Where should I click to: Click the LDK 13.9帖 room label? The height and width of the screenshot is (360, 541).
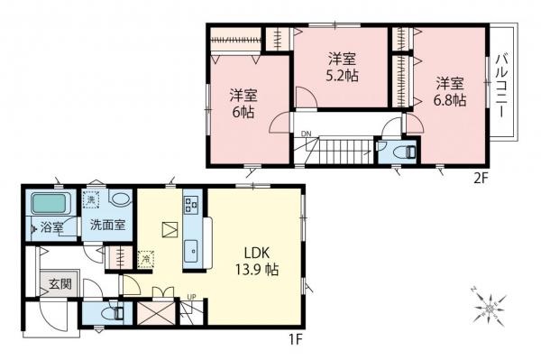257,262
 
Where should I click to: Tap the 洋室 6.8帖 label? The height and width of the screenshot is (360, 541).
450,92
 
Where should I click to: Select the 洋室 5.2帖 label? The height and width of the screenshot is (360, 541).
342,67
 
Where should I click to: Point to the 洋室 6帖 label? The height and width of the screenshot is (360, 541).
243,104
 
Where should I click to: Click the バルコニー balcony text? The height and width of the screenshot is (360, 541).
502,87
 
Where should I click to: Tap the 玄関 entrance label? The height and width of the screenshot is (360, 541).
60,283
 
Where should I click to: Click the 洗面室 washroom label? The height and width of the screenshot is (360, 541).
107,225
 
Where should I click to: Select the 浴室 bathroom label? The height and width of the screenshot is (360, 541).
51,227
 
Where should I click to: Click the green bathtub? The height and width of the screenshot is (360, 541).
49,204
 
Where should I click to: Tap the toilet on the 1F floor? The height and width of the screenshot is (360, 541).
115,313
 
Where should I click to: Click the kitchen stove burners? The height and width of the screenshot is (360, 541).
191,204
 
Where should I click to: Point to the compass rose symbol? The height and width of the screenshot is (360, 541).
490,307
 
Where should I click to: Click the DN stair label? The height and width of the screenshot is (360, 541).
306,134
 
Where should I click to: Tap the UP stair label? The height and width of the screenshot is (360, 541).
191,297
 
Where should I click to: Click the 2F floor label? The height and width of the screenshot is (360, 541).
481,180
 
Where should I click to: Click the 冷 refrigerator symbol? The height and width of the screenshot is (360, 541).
146,259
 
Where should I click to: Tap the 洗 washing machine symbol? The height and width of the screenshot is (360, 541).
91,199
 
